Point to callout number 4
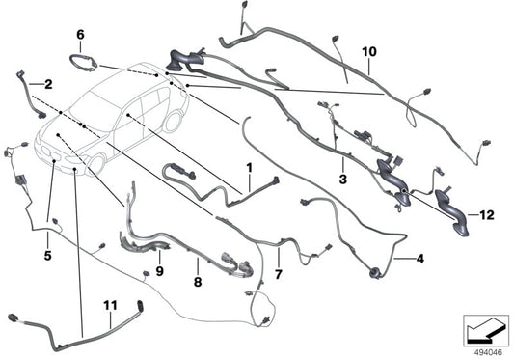click(x=419, y=259)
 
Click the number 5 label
click(x=48, y=256)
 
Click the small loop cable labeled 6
click(x=86, y=63)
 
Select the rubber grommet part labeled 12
click(x=448, y=208)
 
